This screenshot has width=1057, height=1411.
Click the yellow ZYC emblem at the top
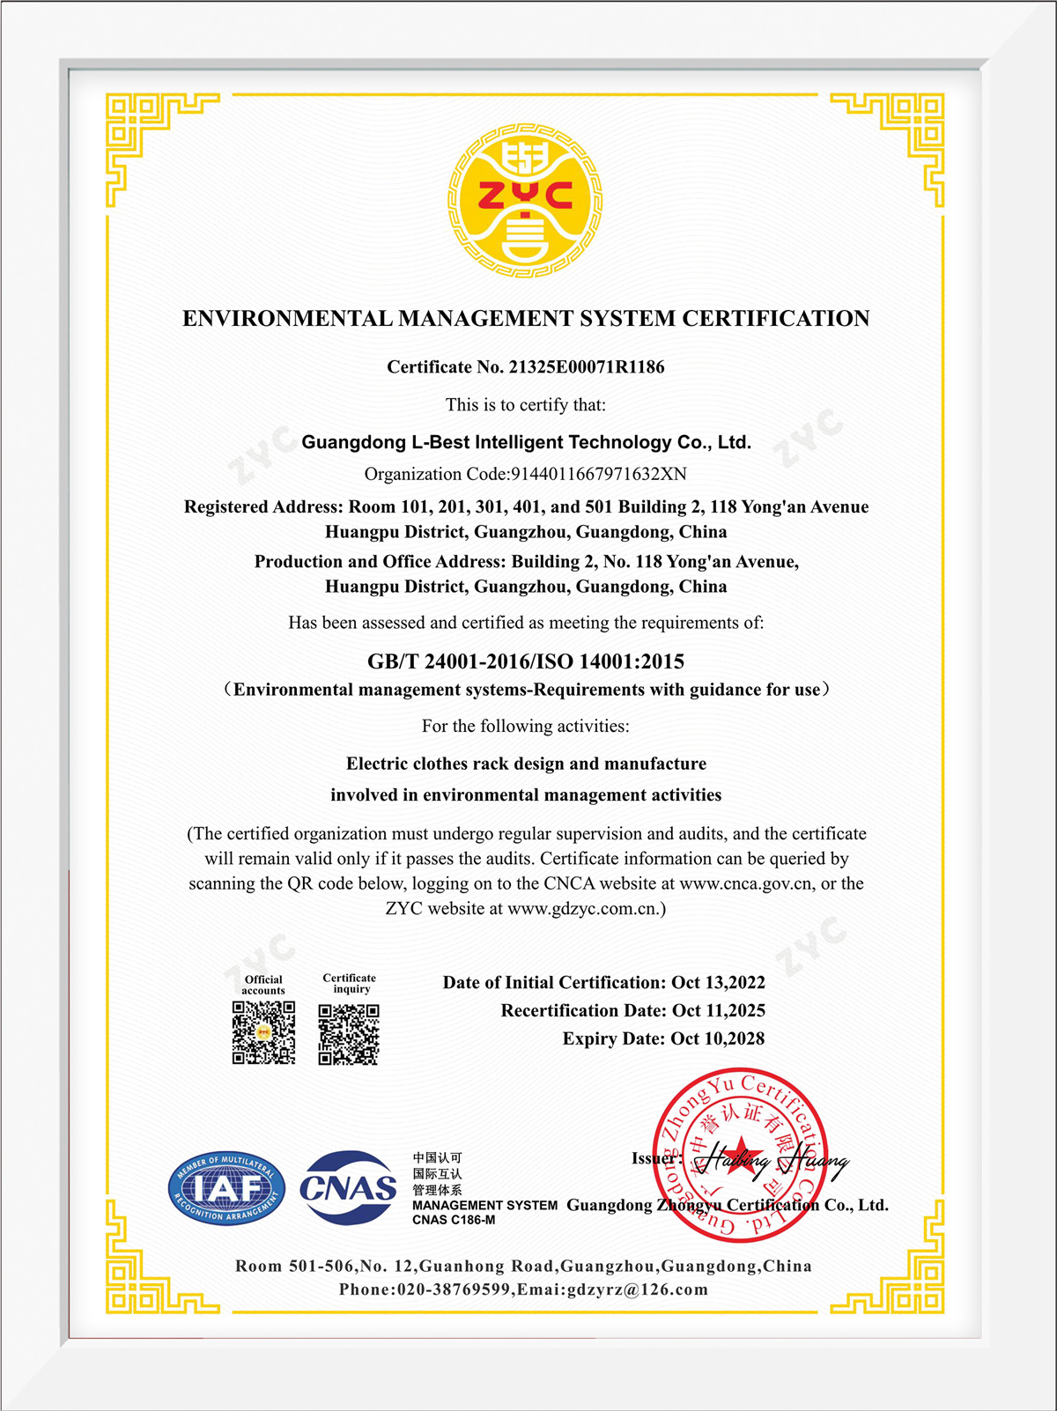click(526, 200)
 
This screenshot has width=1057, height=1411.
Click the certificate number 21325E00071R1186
click(587, 367)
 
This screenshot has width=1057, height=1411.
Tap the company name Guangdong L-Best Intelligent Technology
click(526, 442)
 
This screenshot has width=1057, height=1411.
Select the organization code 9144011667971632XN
click(599, 474)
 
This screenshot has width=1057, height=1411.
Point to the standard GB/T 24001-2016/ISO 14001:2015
click(526, 661)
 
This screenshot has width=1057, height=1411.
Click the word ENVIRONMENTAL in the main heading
click(287, 319)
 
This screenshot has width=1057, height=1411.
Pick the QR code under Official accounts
click(263, 1032)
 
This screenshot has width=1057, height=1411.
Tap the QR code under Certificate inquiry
click(349, 1034)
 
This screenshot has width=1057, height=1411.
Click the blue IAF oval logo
click(226, 1189)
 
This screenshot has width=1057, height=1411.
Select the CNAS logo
click(348, 1188)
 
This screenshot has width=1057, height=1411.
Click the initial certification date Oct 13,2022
click(718, 983)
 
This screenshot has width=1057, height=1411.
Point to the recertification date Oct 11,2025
click(719, 1011)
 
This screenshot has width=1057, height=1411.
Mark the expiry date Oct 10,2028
click(718, 1039)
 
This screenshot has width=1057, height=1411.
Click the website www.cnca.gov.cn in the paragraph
click(746, 884)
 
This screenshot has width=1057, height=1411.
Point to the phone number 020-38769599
click(454, 1290)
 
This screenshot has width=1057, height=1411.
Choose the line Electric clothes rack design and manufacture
click(526, 764)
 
